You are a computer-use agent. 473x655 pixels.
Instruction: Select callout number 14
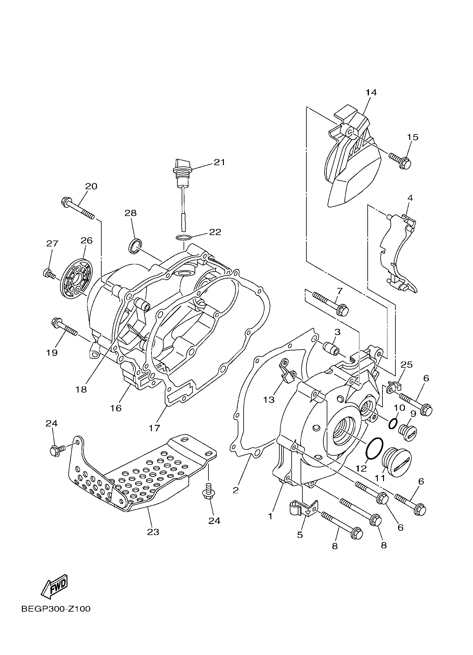click(371, 92)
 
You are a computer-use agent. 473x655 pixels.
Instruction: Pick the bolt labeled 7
click(331, 303)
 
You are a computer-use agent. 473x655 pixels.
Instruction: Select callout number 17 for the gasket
click(155, 428)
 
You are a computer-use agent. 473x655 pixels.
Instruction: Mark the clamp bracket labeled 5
click(303, 508)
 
